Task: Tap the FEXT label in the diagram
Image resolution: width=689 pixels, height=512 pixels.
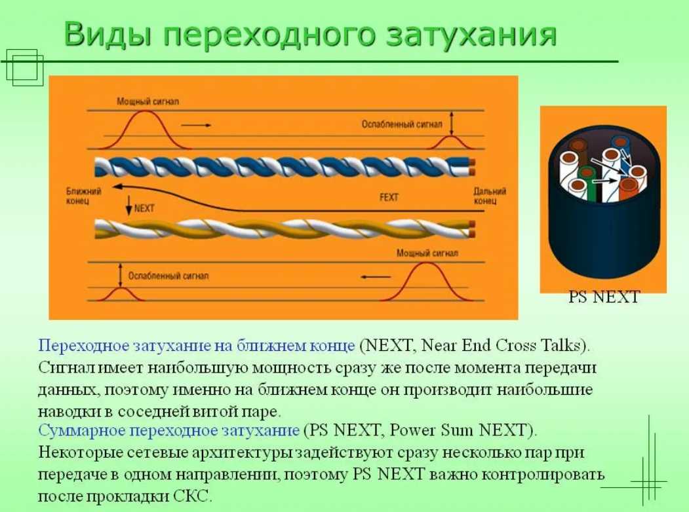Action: click(x=389, y=198)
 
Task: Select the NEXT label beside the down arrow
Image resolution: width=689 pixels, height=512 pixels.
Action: click(x=144, y=208)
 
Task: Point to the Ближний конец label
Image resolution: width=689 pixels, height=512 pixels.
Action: click(x=83, y=196)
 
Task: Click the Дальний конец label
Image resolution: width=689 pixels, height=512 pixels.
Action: click(x=490, y=196)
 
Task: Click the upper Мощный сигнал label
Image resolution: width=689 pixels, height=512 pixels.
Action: click(x=148, y=101)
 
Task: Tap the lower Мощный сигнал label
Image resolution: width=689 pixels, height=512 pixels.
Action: click(x=427, y=253)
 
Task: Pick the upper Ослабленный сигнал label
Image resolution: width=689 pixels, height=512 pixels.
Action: click(x=402, y=124)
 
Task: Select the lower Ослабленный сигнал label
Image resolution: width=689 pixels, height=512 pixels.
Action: click(x=168, y=276)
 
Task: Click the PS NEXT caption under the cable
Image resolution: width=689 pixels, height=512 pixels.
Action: click(x=604, y=297)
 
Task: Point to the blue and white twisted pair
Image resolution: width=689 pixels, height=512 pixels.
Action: click(x=285, y=167)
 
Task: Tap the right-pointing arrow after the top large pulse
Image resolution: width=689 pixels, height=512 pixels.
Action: click(x=196, y=126)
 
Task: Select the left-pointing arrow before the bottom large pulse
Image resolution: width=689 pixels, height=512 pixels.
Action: click(x=376, y=277)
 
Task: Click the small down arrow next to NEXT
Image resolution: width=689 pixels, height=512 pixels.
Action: click(x=128, y=206)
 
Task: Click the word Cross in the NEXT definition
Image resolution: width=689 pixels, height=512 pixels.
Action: click(x=516, y=346)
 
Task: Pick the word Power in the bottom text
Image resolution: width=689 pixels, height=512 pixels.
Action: click(x=410, y=430)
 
